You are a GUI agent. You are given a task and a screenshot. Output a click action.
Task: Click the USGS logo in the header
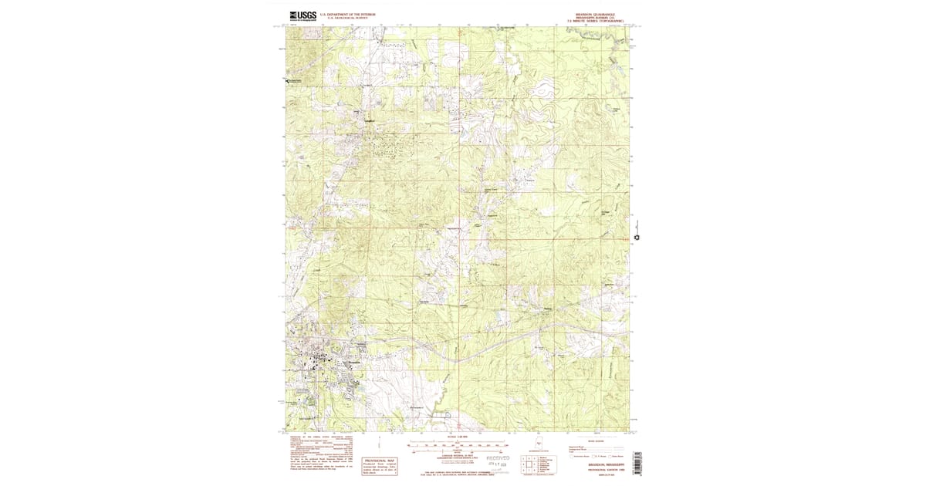pyautogui.click(x=302, y=14)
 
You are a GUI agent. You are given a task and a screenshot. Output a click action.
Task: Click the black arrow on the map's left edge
pyautogui.click(x=287, y=80)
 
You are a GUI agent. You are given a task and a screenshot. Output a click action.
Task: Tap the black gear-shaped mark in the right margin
pyautogui.click(x=637, y=238)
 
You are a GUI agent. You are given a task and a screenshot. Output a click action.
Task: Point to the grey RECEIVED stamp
pyautogui.click(x=497, y=458)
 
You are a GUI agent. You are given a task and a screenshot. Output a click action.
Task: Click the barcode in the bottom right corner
pyautogui.click(x=637, y=463)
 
